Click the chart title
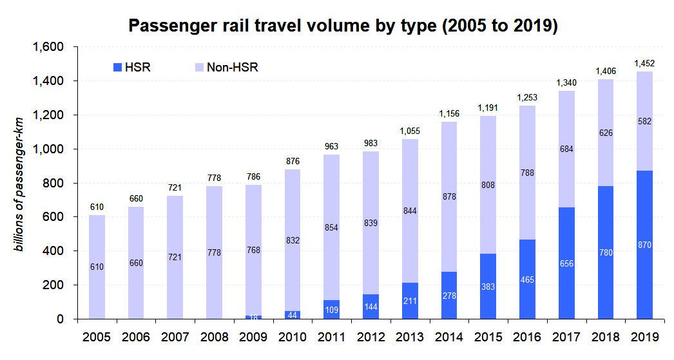pyautogui.click(x=343, y=26)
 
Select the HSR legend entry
pyautogui.click(x=131, y=67)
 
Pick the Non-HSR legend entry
pyautogui.click(x=226, y=67)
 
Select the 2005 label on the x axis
pyautogui.click(x=97, y=337)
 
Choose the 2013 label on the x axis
pyautogui.click(x=410, y=337)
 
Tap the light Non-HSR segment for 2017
pyautogui.click(x=566, y=149)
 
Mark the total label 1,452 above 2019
pyautogui.click(x=644, y=63)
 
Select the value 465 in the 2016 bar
pyautogui.click(x=528, y=280)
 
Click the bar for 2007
pyautogui.click(x=175, y=258)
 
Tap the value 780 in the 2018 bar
pyautogui.click(x=606, y=252)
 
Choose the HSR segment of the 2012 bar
pyautogui.click(x=371, y=307)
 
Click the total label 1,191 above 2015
pyautogui.click(x=488, y=108)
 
